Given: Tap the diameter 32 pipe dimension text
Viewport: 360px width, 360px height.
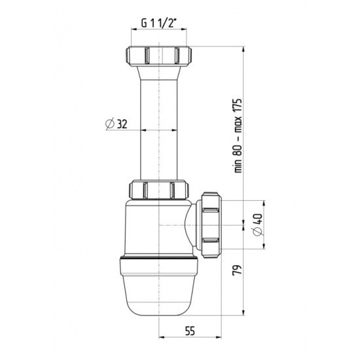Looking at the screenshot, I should tap(116, 123).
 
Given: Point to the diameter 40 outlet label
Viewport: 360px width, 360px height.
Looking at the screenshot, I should tap(256, 226).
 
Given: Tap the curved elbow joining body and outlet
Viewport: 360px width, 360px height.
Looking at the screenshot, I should tap(193, 226).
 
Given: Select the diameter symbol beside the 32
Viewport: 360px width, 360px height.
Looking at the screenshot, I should tap(109, 123).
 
